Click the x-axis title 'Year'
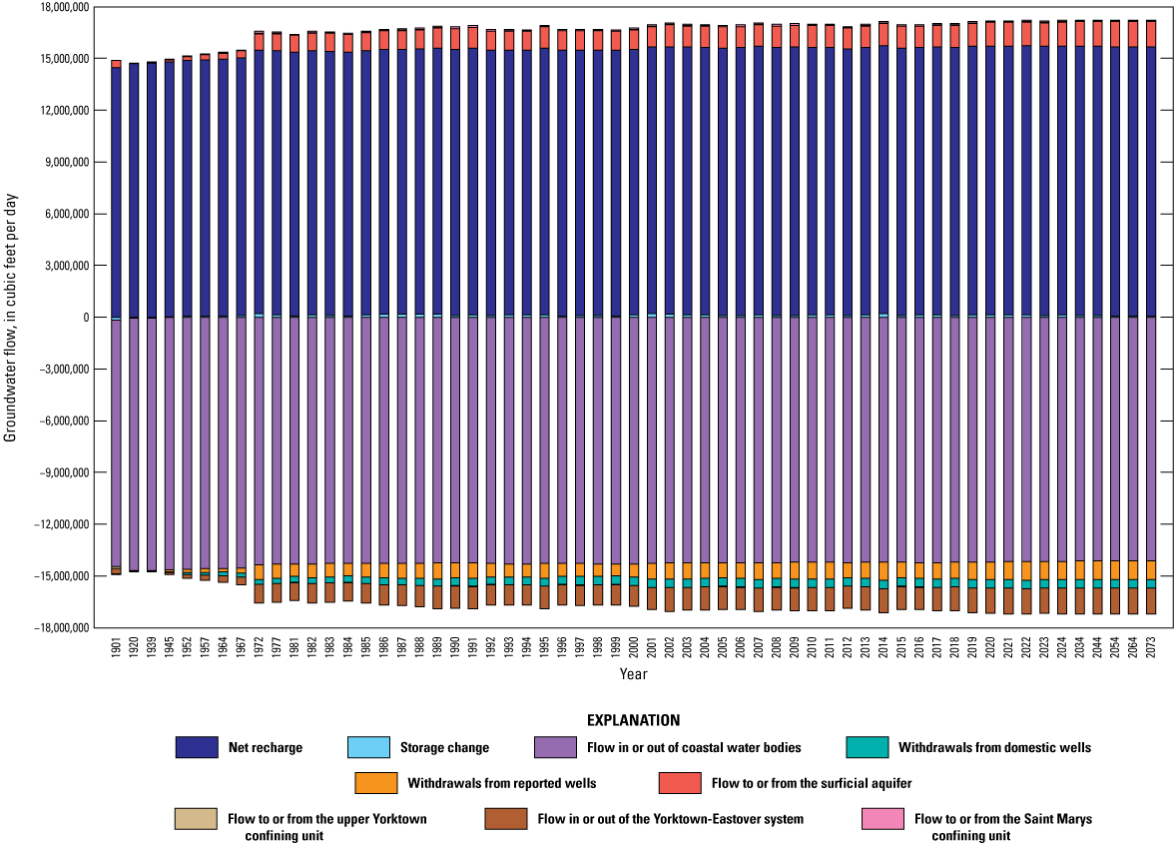click(633, 675)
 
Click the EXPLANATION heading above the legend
click(633, 720)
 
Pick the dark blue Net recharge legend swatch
click(196, 747)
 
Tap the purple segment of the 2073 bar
click(1151, 439)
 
